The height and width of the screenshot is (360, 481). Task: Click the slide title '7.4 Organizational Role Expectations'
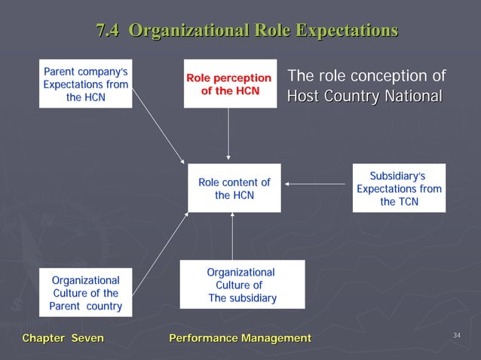[247, 31]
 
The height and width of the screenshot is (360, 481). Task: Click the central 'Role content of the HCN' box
[234, 188]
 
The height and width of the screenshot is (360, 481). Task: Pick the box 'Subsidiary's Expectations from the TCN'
[399, 188]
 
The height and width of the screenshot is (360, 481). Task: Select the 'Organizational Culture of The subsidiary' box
[242, 285]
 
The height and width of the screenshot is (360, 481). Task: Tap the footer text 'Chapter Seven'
[63, 339]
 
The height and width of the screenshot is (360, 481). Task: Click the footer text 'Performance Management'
[240, 339]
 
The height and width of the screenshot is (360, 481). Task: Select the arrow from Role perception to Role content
[228, 136]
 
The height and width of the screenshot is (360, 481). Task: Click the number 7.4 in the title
[109, 31]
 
